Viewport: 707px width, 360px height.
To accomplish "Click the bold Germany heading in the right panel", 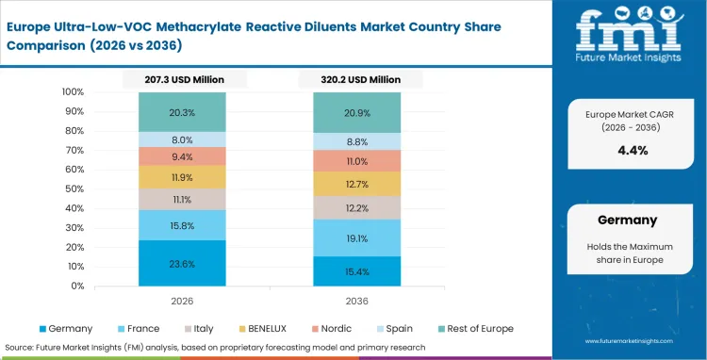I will coord(627,220).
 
